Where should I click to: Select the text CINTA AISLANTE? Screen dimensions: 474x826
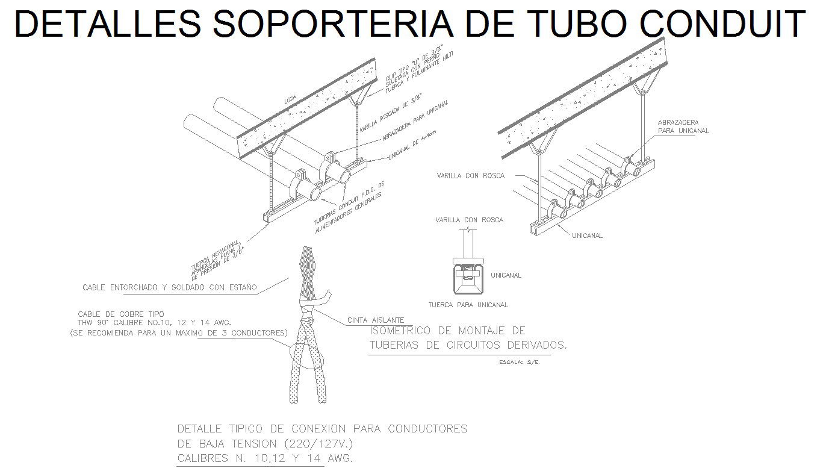pos(376,320)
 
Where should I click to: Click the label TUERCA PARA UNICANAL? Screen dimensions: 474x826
pos(468,305)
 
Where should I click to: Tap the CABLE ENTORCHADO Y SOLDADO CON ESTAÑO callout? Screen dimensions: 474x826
pos(170,288)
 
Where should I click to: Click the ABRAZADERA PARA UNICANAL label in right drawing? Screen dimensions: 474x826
pos(683,126)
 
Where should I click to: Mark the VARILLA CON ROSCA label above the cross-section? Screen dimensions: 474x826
pos(469,220)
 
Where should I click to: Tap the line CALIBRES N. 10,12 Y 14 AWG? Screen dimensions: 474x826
pos(265,459)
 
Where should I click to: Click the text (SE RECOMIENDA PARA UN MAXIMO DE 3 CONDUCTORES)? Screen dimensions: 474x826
pos(179,332)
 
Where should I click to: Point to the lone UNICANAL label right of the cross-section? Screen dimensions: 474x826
pos(506,275)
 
